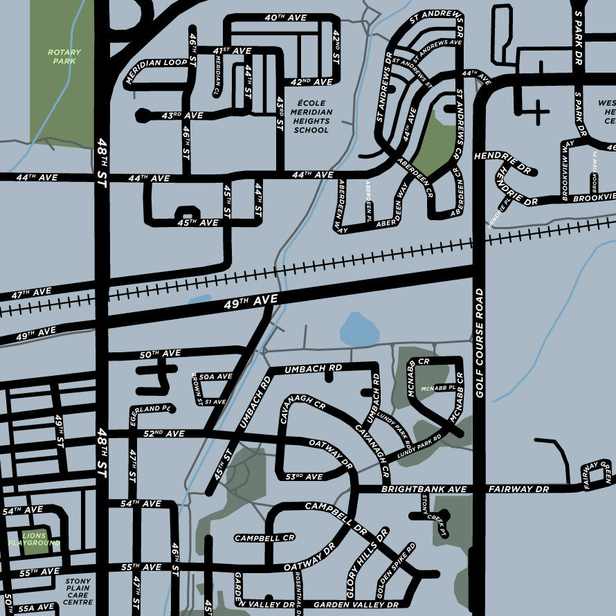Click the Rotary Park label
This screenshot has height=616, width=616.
pyautogui.click(x=64, y=57)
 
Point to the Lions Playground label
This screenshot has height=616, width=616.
pyautogui.click(x=34, y=540)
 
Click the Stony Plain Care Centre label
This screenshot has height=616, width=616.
pyautogui.click(x=78, y=592)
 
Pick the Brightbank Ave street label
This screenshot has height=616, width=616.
pyautogui.click(x=424, y=489)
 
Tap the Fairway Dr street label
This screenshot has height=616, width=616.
pyautogui.click(x=518, y=489)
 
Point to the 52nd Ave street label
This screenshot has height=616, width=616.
pyautogui.click(x=165, y=434)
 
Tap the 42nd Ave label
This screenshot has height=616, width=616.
pyautogui.click(x=311, y=82)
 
